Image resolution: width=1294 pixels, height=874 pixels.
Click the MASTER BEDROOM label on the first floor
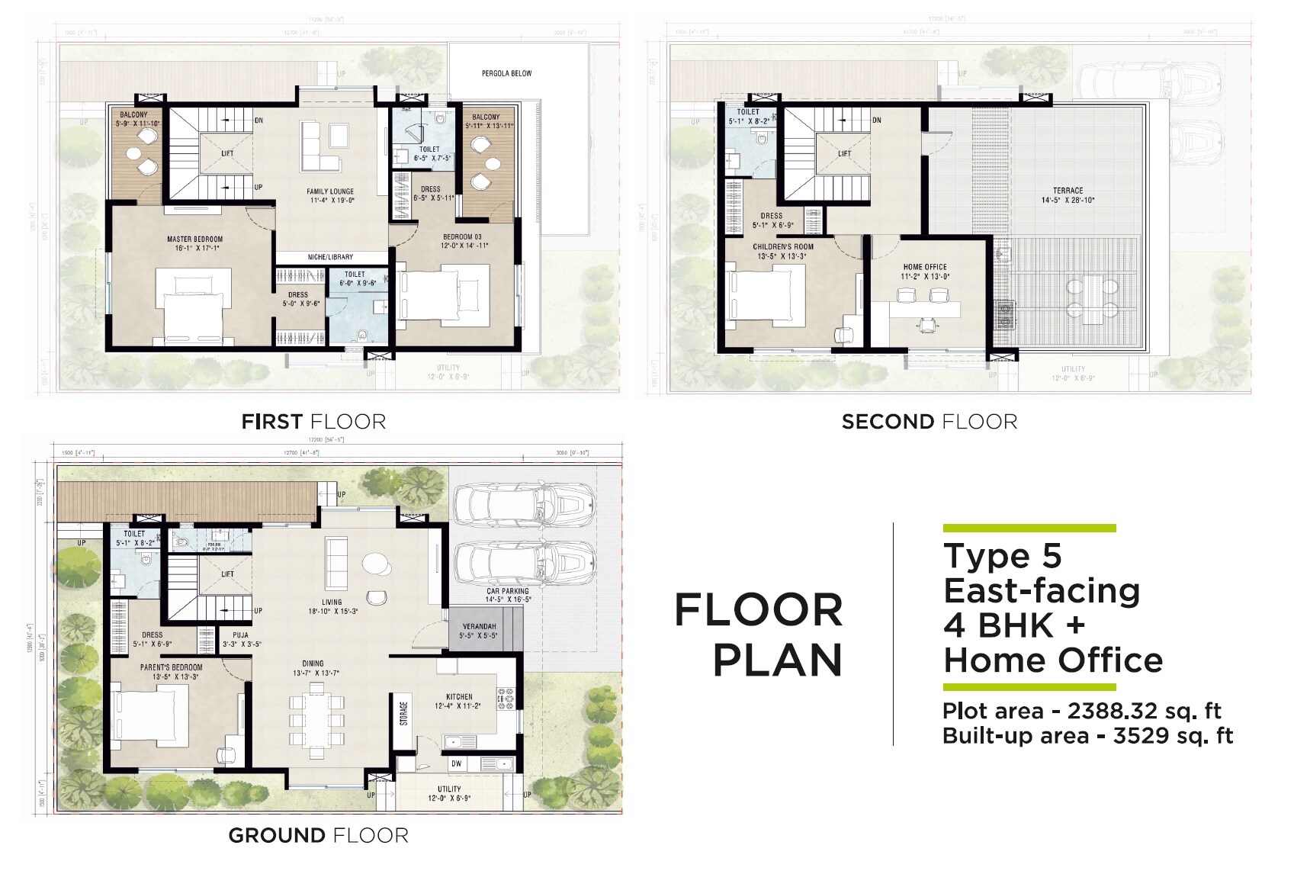click(195, 239)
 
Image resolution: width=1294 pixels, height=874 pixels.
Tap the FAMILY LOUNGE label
click(330, 191)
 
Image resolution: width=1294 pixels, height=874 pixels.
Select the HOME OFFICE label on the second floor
click(924, 267)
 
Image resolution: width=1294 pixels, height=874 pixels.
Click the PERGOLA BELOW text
click(506, 73)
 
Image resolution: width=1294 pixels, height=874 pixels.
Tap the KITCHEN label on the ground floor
click(459, 696)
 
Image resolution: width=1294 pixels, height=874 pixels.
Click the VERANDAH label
click(477, 626)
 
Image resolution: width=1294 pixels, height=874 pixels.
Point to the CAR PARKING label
click(508, 591)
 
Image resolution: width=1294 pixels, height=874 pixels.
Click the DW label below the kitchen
click(456, 763)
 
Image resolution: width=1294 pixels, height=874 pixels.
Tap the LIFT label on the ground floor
click(227, 574)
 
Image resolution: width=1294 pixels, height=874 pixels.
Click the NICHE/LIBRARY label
click(330, 257)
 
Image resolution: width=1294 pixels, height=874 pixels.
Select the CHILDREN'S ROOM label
click(782, 246)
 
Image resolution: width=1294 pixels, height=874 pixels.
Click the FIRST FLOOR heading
click(313, 422)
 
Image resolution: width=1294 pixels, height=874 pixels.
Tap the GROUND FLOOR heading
click(318, 835)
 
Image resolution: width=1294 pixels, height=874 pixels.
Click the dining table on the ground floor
click(316, 721)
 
